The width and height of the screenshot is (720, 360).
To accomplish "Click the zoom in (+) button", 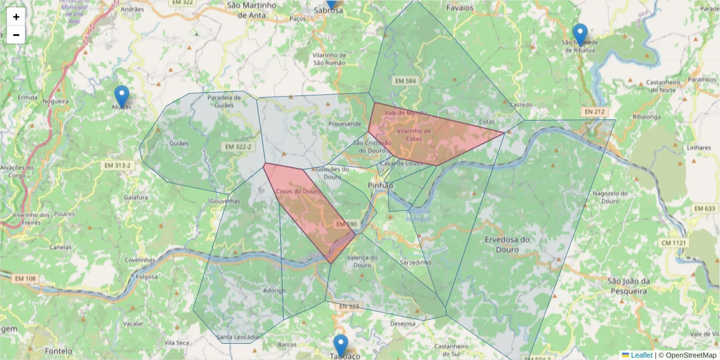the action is point(16,17).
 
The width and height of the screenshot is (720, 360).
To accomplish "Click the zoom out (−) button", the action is point(16,35).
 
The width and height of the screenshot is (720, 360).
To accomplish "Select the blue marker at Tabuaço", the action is point(340,346).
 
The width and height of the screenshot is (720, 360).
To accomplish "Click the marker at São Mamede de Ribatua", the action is point(580,35).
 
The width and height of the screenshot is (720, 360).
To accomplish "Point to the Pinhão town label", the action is point(380,185).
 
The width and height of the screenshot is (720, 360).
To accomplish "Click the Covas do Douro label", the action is point(298,191).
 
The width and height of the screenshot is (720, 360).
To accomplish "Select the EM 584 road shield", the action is point(406,80).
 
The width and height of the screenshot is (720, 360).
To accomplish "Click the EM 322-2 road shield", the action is point(238,146).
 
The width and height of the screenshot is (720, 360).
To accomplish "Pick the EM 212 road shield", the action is point(595,112).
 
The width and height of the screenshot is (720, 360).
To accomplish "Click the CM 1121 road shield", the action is point(674,243).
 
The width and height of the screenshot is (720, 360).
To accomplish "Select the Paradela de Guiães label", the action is point(224,101).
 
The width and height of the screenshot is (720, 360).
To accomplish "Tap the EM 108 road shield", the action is point(26,278).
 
